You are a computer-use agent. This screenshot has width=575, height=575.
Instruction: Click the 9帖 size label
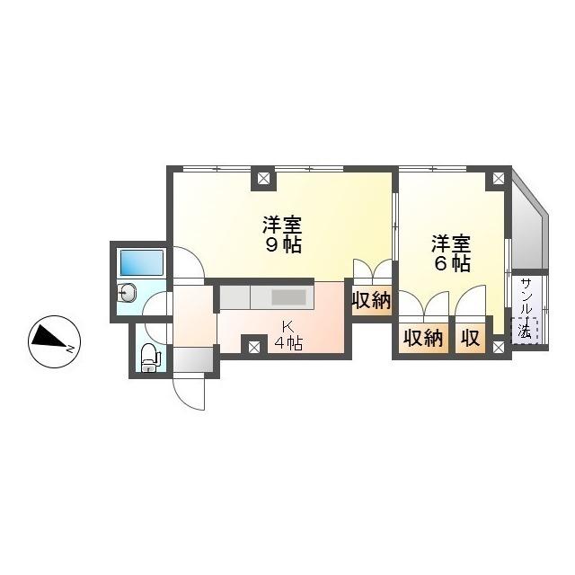[282, 244]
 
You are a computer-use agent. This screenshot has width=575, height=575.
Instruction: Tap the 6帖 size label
[452, 263]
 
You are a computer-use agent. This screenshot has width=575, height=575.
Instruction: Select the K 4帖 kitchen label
[287, 334]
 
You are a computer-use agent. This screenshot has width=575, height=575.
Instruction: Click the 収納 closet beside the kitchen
[371, 301]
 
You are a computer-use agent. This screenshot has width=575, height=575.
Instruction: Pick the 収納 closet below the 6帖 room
[423, 338]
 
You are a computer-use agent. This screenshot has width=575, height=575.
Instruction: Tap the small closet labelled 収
[470, 338]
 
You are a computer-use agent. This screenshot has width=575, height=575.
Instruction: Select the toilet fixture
[150, 358]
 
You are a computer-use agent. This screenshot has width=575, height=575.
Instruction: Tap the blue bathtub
[142, 263]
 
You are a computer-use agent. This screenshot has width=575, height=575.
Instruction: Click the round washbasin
[127, 293]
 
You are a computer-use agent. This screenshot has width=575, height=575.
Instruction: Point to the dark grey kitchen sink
[289, 297]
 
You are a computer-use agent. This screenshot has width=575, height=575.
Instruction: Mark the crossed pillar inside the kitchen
[254, 344]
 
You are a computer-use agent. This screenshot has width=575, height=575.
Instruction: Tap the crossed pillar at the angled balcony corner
[497, 179]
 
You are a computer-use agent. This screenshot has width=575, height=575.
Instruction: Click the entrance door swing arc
[191, 393]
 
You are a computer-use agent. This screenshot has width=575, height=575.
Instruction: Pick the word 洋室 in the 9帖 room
[282, 223]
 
